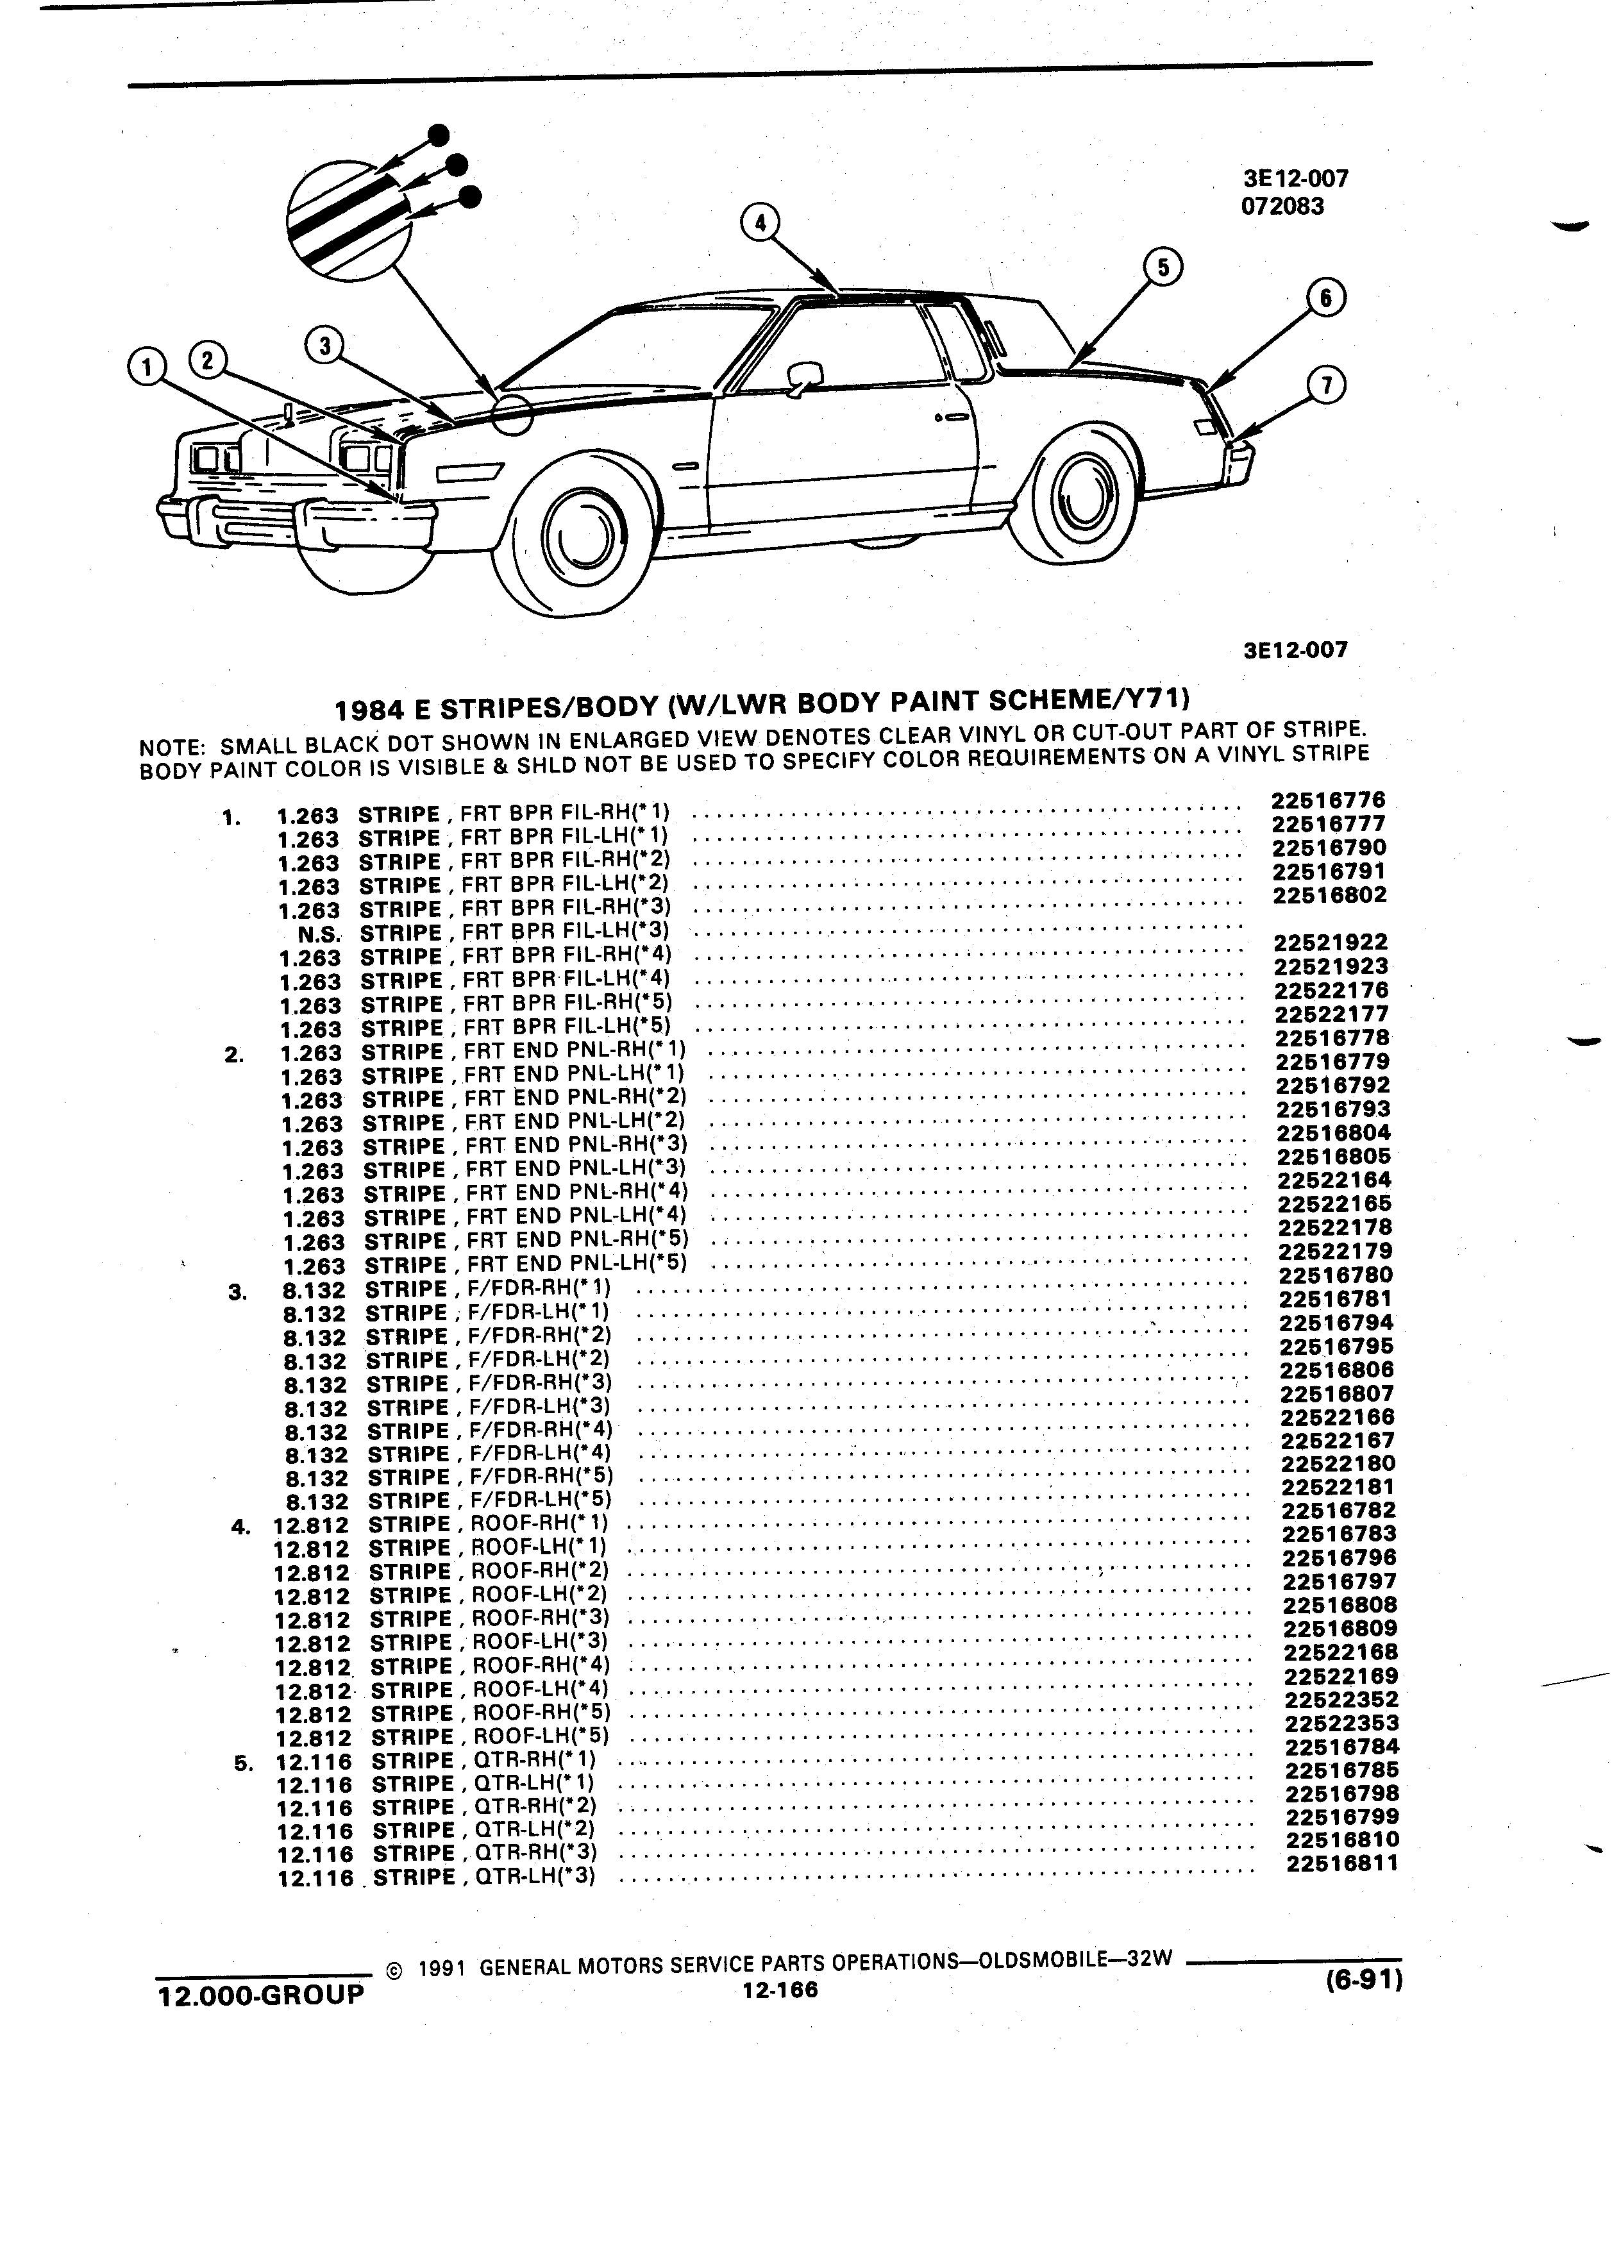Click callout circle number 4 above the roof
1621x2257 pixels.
tap(760, 223)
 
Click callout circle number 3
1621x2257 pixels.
tap(324, 346)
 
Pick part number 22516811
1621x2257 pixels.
tap(1342, 1863)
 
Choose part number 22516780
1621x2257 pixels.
tap(1336, 1275)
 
